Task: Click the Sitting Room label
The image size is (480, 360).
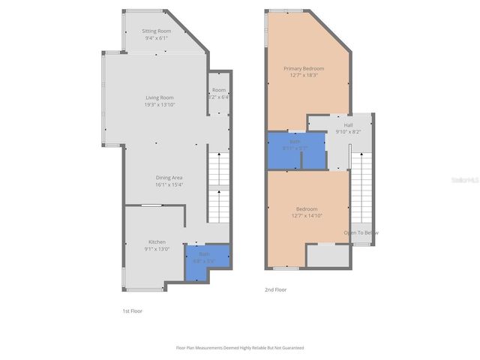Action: (157, 31)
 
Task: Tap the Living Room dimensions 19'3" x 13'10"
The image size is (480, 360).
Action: (159, 104)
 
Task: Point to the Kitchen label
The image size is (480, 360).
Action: (157, 241)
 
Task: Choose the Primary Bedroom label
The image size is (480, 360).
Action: (303, 68)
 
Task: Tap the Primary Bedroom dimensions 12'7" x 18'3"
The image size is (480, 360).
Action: (303, 75)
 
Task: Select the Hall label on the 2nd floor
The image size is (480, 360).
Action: (349, 125)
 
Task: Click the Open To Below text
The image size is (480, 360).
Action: (361, 232)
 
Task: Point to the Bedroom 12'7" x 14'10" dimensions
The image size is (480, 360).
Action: (306, 216)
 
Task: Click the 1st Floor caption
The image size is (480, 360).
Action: (132, 310)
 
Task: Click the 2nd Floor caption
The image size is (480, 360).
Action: (275, 289)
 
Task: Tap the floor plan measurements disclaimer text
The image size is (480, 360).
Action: (240, 348)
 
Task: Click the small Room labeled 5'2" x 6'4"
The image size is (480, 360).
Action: (219, 93)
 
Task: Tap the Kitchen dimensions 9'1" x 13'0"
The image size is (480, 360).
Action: (157, 249)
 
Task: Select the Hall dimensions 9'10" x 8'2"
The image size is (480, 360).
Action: (349, 132)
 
